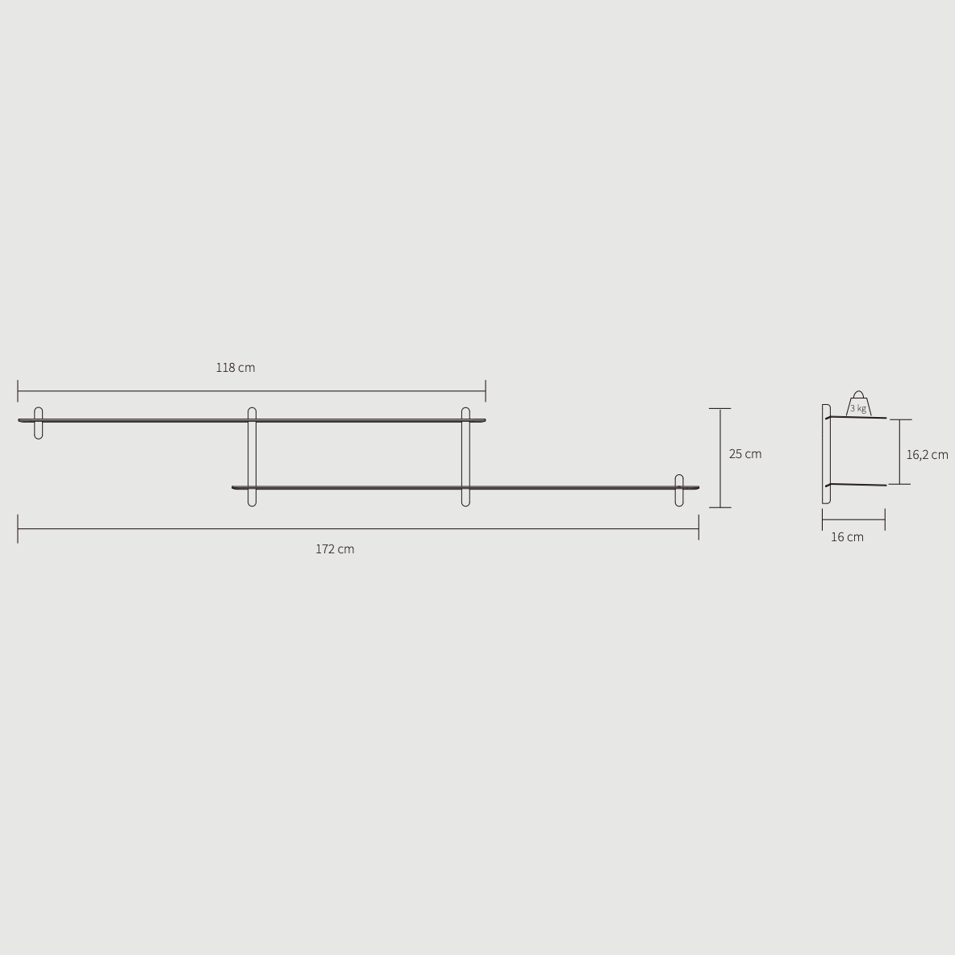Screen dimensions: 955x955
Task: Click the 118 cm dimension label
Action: [x=235, y=368]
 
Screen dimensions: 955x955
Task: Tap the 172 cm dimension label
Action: [x=335, y=549]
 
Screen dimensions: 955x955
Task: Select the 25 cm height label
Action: [x=744, y=454]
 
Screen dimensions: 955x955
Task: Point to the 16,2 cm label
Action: [x=927, y=455]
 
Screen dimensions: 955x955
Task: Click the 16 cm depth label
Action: [x=847, y=537]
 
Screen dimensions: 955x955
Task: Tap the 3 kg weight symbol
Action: [x=858, y=406]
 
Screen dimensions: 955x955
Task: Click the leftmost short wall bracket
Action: [x=39, y=423]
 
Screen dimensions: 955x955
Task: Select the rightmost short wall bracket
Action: [x=679, y=490]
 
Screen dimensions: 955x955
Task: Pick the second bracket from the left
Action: [x=252, y=457]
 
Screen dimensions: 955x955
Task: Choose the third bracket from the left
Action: [x=465, y=457]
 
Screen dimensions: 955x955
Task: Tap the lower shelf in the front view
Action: [x=565, y=487]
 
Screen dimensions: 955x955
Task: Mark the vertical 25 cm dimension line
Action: [x=720, y=457]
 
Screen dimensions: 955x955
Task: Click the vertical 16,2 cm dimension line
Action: [x=899, y=452]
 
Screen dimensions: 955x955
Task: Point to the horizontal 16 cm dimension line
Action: [x=853, y=519]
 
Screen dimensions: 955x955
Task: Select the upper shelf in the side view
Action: [x=857, y=418]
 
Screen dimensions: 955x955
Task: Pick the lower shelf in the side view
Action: [x=857, y=484]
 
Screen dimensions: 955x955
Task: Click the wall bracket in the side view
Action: [x=825, y=454]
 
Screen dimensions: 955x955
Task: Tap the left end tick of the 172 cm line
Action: [x=18, y=529]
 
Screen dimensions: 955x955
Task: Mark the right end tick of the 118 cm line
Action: [x=486, y=391]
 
